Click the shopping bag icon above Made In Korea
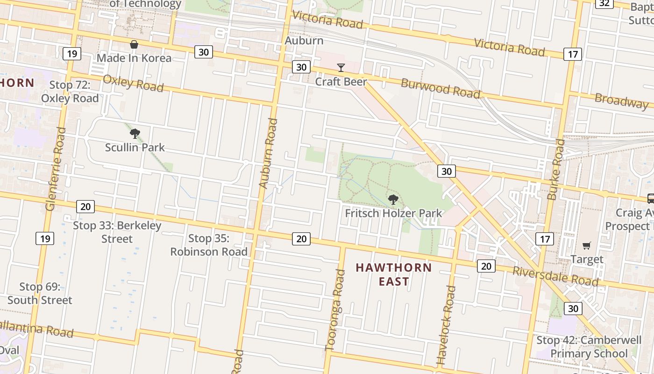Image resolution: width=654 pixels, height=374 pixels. pyautogui.click(x=134, y=45)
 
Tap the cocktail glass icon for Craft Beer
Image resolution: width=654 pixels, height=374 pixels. pyautogui.click(x=341, y=68)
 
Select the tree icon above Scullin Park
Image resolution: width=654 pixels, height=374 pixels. pyautogui.click(x=135, y=134)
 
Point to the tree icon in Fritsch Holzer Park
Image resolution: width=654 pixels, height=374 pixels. pyautogui.click(x=393, y=200)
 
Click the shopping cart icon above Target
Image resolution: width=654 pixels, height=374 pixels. pyautogui.click(x=587, y=245)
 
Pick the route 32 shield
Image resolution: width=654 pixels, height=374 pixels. pyautogui.click(x=604, y=3)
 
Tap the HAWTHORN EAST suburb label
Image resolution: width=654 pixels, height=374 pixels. pyautogui.click(x=394, y=274)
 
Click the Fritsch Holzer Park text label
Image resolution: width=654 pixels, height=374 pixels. pyautogui.click(x=393, y=214)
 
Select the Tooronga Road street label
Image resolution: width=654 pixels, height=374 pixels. pyautogui.click(x=335, y=309)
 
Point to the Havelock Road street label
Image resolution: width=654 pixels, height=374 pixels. pyautogui.click(x=446, y=325)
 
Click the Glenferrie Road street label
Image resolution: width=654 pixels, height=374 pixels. pyautogui.click(x=55, y=168)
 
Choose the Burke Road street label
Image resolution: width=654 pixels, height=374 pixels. pyautogui.click(x=556, y=169)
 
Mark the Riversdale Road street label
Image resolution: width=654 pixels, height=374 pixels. pyautogui.click(x=555, y=276)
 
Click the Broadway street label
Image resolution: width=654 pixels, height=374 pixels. pyautogui.click(x=621, y=101)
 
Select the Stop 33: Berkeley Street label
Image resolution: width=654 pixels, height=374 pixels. pyautogui.click(x=117, y=232)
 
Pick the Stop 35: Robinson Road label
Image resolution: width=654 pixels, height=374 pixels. pyautogui.click(x=209, y=245)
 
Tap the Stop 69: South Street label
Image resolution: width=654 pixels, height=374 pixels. pyautogui.click(x=40, y=293)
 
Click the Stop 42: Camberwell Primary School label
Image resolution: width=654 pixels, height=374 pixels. pyautogui.click(x=589, y=346)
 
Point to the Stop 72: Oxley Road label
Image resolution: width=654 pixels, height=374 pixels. pyautogui.click(x=70, y=91)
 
